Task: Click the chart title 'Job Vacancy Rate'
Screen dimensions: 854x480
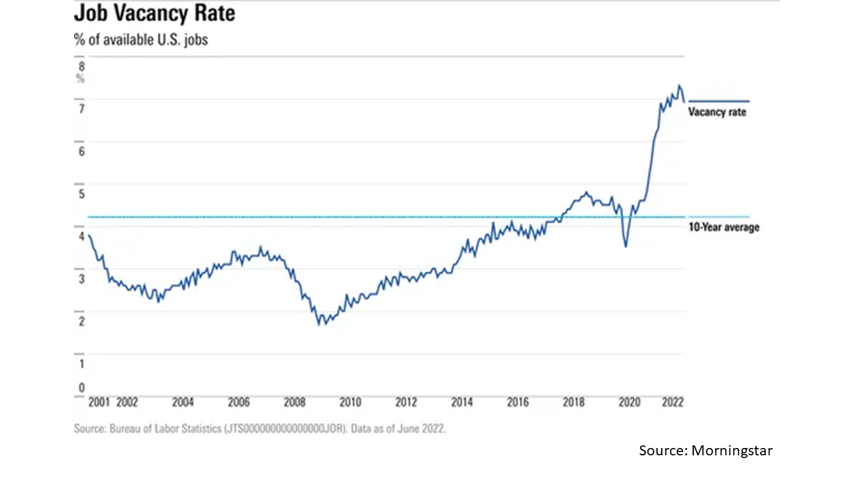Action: [x=154, y=14]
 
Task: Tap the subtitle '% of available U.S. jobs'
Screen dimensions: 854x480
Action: [x=141, y=39]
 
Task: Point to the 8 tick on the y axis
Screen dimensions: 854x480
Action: [x=81, y=67]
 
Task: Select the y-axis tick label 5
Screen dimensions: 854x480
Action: [x=81, y=194]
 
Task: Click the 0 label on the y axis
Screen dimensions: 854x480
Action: [x=81, y=388]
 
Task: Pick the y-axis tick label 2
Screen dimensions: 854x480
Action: [x=81, y=321]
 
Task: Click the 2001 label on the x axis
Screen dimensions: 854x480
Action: [x=99, y=402]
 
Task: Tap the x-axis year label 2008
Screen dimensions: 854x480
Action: [x=294, y=402]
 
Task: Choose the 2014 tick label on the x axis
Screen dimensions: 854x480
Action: [x=462, y=402]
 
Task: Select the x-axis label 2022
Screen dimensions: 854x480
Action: [x=673, y=402]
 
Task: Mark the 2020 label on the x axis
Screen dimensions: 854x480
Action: [x=629, y=402]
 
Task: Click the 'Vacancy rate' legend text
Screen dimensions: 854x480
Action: [x=717, y=112]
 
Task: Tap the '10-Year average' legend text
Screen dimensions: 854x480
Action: [x=724, y=227]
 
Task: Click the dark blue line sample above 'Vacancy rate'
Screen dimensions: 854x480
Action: [x=719, y=101]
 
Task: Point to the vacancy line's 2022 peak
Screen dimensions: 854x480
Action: [x=679, y=85]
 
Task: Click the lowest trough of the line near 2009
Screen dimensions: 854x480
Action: [x=319, y=325]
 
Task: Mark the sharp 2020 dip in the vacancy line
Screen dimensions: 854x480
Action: [x=626, y=246]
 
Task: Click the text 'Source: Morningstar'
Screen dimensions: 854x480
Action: [x=706, y=451]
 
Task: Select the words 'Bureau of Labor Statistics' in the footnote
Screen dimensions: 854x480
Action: [x=164, y=429]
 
